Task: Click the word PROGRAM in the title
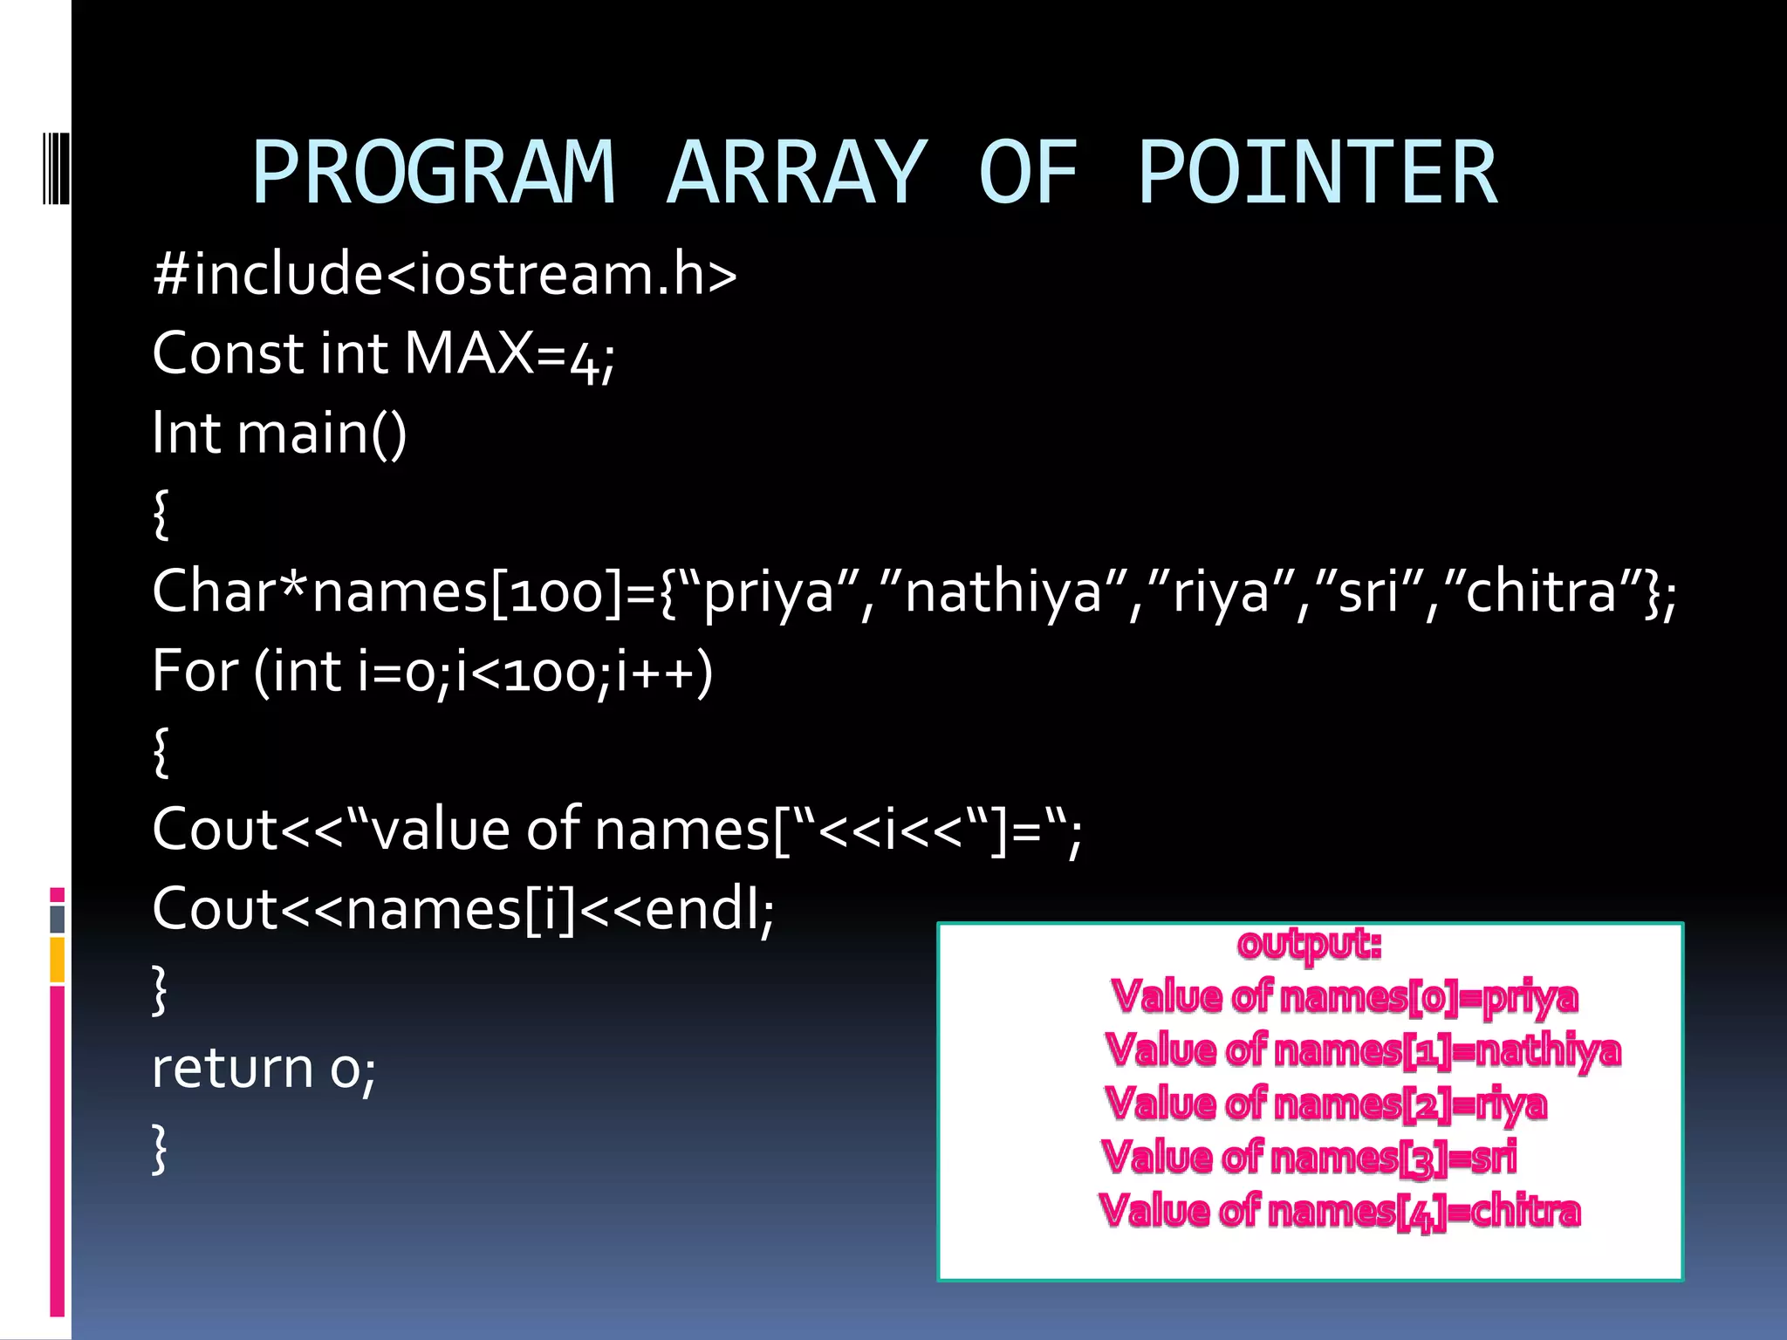coord(434,173)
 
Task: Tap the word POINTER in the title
coord(1318,173)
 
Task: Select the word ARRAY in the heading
coord(796,173)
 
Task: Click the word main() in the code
coord(322,434)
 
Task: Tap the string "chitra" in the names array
coord(1542,592)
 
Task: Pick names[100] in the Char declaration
coord(467,592)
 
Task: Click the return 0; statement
coord(264,1068)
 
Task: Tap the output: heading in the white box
coord(1309,943)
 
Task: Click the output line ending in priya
coord(1344,997)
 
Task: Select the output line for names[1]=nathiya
coord(1361,1050)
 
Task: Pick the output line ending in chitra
coord(1339,1212)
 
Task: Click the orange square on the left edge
coord(58,960)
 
